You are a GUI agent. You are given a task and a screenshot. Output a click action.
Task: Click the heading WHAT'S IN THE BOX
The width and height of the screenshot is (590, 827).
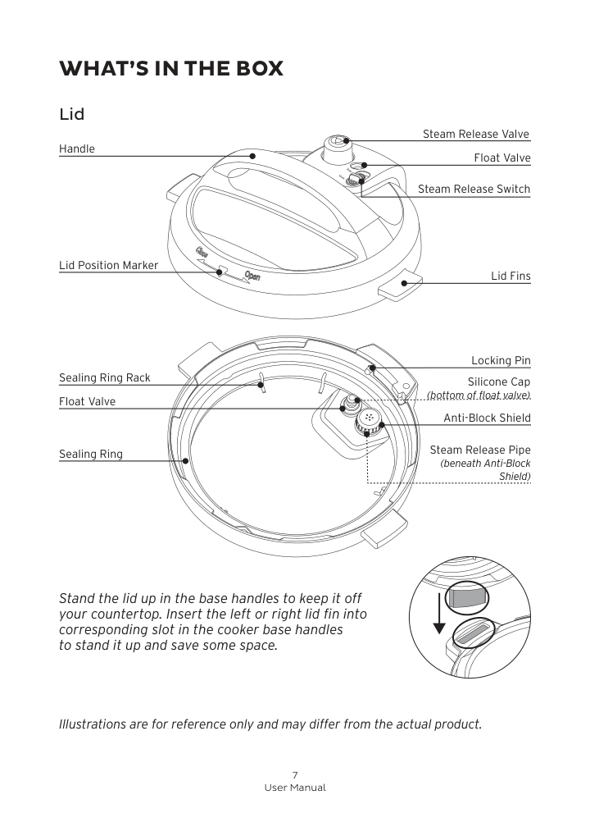click(171, 68)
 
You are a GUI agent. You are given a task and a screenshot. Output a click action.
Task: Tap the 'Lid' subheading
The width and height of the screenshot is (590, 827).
click(72, 114)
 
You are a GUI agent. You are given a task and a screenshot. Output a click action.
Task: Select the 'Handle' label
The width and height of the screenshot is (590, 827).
click(77, 148)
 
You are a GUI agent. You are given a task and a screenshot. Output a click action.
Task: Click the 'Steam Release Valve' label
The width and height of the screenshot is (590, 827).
click(476, 134)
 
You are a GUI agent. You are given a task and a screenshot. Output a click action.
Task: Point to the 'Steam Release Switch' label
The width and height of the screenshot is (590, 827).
click(474, 189)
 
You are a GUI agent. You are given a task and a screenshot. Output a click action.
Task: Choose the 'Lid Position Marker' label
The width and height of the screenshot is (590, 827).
click(108, 265)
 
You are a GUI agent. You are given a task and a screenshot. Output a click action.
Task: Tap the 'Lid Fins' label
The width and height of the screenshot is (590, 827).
click(511, 276)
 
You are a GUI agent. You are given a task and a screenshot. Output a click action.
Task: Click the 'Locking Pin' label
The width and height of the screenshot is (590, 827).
click(501, 360)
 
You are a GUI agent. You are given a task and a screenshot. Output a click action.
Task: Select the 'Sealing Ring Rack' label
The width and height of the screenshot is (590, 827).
click(105, 377)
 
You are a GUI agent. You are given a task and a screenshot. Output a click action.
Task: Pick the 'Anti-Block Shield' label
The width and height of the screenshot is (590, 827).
click(487, 418)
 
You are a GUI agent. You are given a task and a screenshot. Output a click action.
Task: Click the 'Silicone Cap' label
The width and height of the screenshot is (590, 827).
click(498, 382)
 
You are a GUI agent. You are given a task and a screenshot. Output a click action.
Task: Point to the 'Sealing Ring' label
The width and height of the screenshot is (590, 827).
click(91, 454)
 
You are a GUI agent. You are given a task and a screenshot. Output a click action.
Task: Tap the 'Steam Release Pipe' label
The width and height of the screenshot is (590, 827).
click(480, 450)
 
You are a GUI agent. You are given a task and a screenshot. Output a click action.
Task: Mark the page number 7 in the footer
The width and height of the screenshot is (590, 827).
click(295, 774)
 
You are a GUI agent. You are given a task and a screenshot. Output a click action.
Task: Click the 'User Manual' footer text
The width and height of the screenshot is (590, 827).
click(295, 788)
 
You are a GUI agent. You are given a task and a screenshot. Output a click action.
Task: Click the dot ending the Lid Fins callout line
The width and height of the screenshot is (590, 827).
click(404, 282)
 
